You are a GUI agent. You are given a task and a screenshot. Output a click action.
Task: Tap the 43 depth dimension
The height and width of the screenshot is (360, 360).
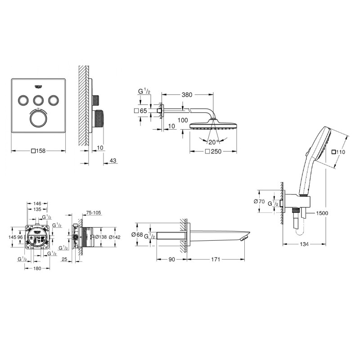click(x=112, y=161)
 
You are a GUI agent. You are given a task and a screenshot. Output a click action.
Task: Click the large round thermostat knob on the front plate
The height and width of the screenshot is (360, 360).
click(x=39, y=119)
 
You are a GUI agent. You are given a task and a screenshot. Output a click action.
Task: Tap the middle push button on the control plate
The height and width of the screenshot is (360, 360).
click(x=39, y=99)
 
